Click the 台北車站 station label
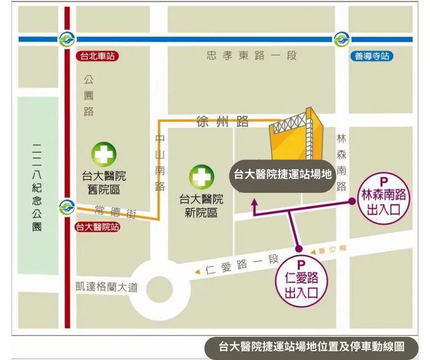[97, 57]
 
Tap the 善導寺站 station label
[372, 57]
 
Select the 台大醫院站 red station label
[97, 227]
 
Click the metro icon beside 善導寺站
[341, 39]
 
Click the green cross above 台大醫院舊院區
[104, 155]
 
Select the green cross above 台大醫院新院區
[201, 176]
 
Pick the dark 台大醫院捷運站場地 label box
[282, 174]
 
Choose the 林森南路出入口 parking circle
[384, 198]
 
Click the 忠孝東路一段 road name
[252, 56]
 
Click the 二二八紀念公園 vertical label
[37, 186]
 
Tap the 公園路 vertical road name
[88, 96]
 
